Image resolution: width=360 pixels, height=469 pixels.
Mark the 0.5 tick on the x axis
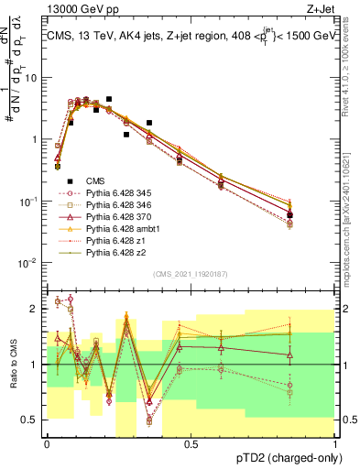click(191, 442)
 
